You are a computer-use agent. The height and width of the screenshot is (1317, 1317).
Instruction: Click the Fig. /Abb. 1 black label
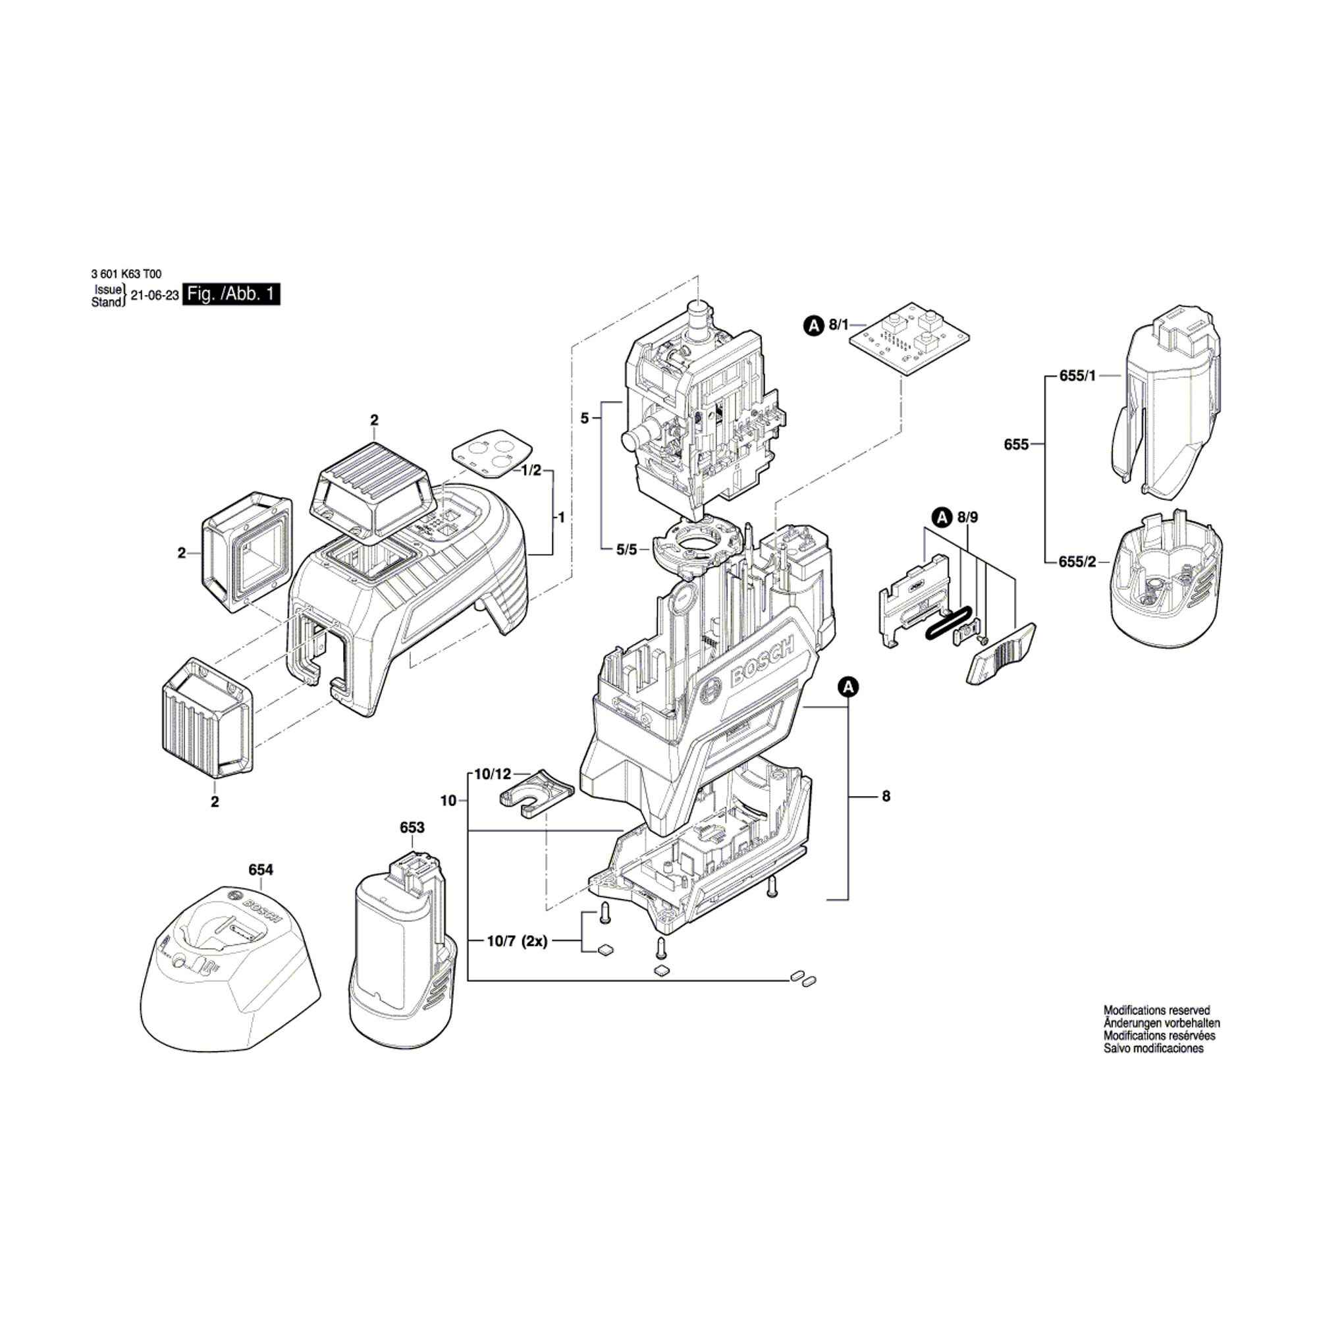232,295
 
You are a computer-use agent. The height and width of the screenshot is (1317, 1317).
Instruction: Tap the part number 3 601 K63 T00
126,274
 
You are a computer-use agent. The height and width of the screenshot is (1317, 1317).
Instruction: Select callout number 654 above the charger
260,870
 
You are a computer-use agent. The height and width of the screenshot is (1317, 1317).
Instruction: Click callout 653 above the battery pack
412,828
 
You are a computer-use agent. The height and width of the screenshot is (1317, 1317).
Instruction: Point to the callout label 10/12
493,774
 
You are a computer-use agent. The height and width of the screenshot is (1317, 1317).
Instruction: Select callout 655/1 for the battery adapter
1078,375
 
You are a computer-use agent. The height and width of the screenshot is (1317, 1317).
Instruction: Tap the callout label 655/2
1078,562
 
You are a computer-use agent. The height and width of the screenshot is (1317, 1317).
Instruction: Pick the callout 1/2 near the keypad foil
531,470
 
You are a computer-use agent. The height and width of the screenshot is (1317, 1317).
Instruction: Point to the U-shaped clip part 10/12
535,794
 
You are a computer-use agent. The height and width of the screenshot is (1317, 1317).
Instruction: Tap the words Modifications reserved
1156,1029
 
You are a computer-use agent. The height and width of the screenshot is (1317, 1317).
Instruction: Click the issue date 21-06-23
155,295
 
